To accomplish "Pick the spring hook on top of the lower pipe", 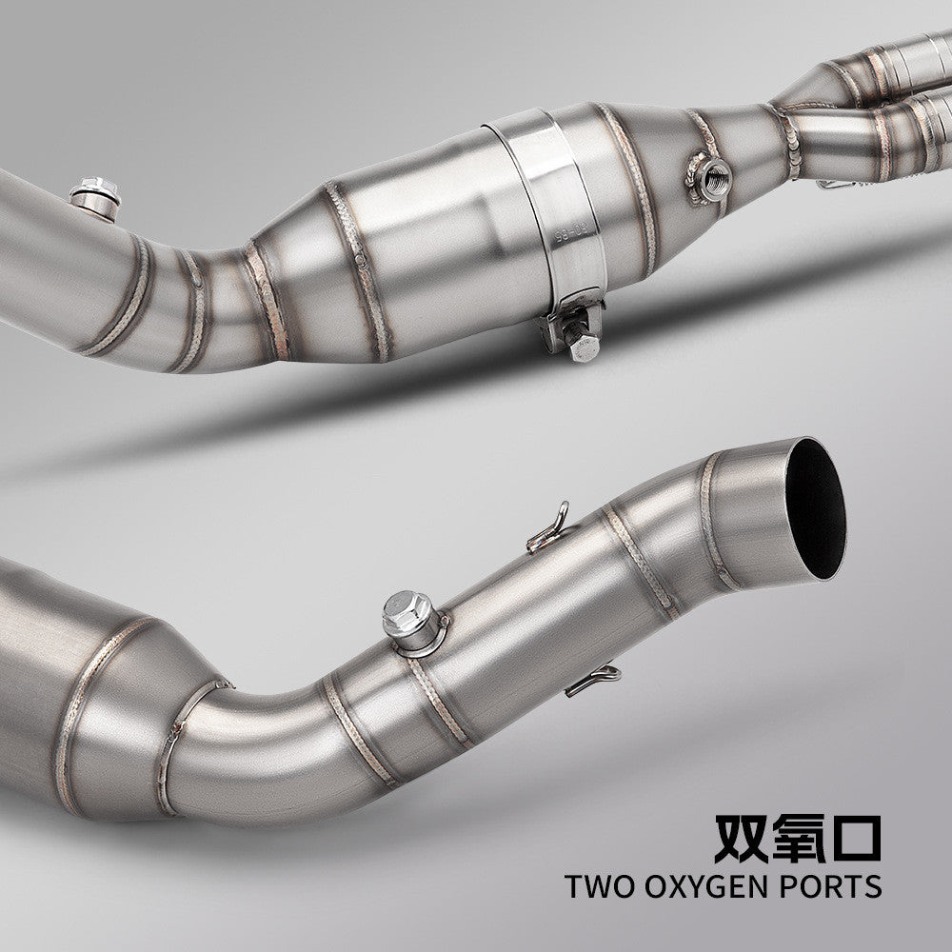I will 550,529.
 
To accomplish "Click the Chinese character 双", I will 741,835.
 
